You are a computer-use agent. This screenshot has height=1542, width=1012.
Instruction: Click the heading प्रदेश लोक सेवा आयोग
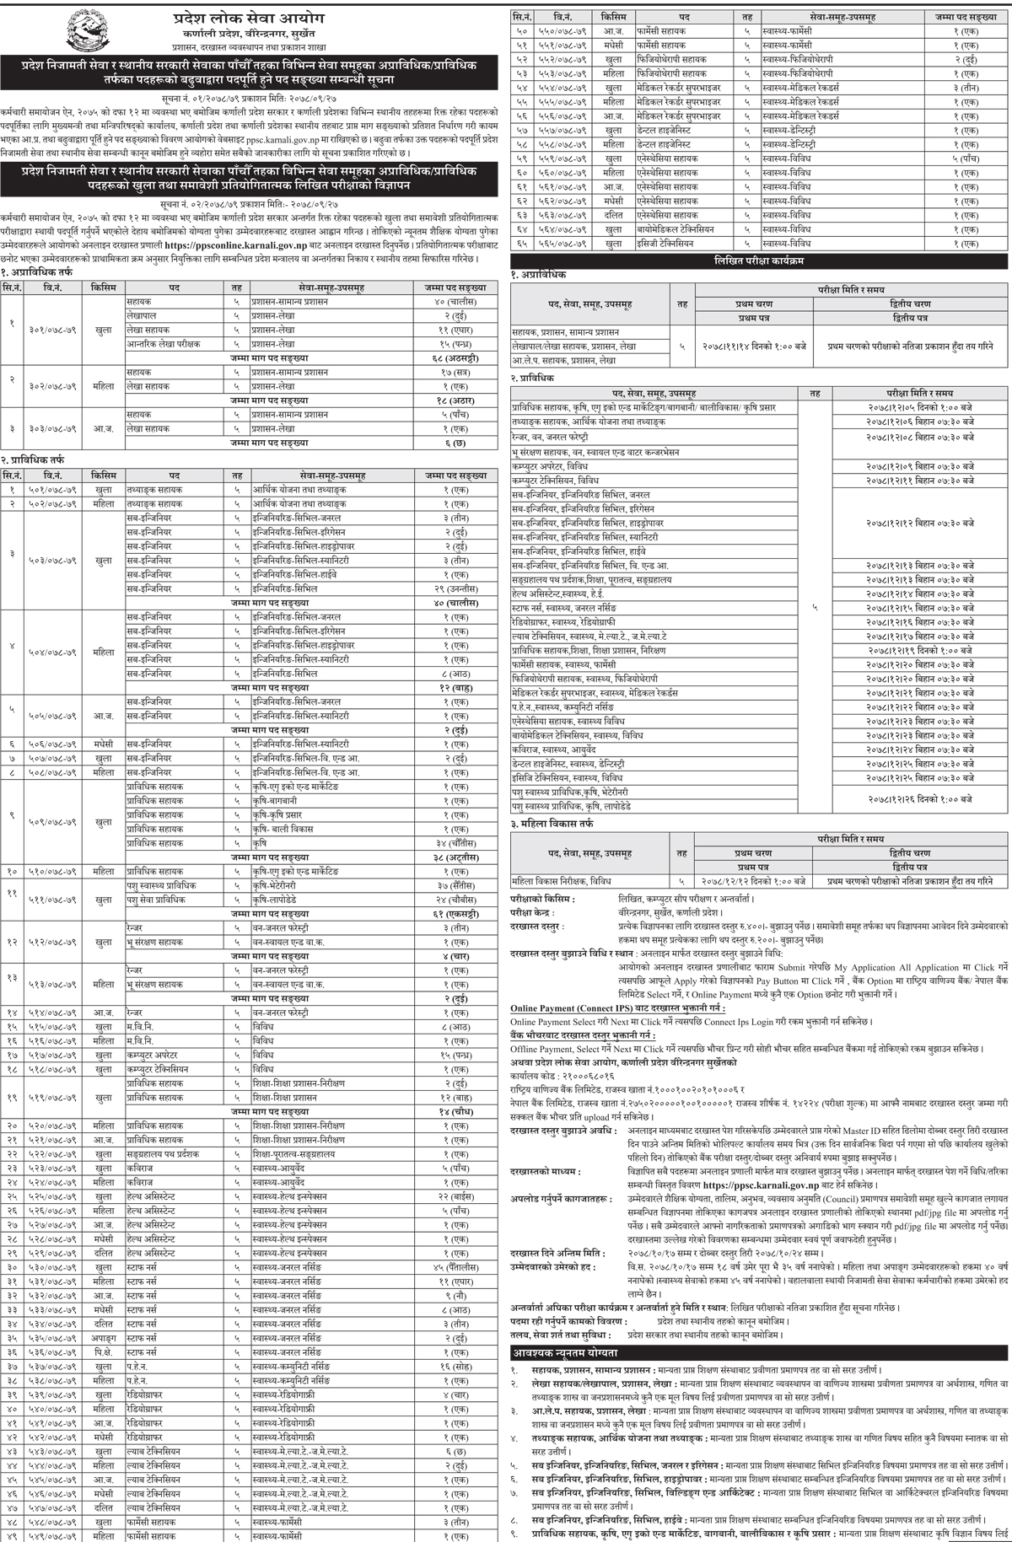254,18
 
